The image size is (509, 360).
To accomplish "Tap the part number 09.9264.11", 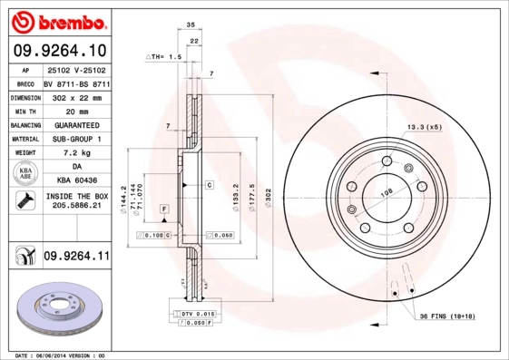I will click(76, 257).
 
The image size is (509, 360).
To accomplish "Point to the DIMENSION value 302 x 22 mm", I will click(76, 96).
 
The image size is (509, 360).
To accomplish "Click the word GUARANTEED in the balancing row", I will click(76, 124).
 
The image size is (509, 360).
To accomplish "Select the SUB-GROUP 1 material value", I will click(76, 139).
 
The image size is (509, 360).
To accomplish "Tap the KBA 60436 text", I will click(76, 181).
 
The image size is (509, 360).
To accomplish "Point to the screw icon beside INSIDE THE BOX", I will click(24, 201).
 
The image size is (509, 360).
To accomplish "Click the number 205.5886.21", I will click(76, 208).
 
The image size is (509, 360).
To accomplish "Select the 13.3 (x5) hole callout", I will click(424, 127).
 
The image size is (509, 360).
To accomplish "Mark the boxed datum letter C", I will click(208, 184).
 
